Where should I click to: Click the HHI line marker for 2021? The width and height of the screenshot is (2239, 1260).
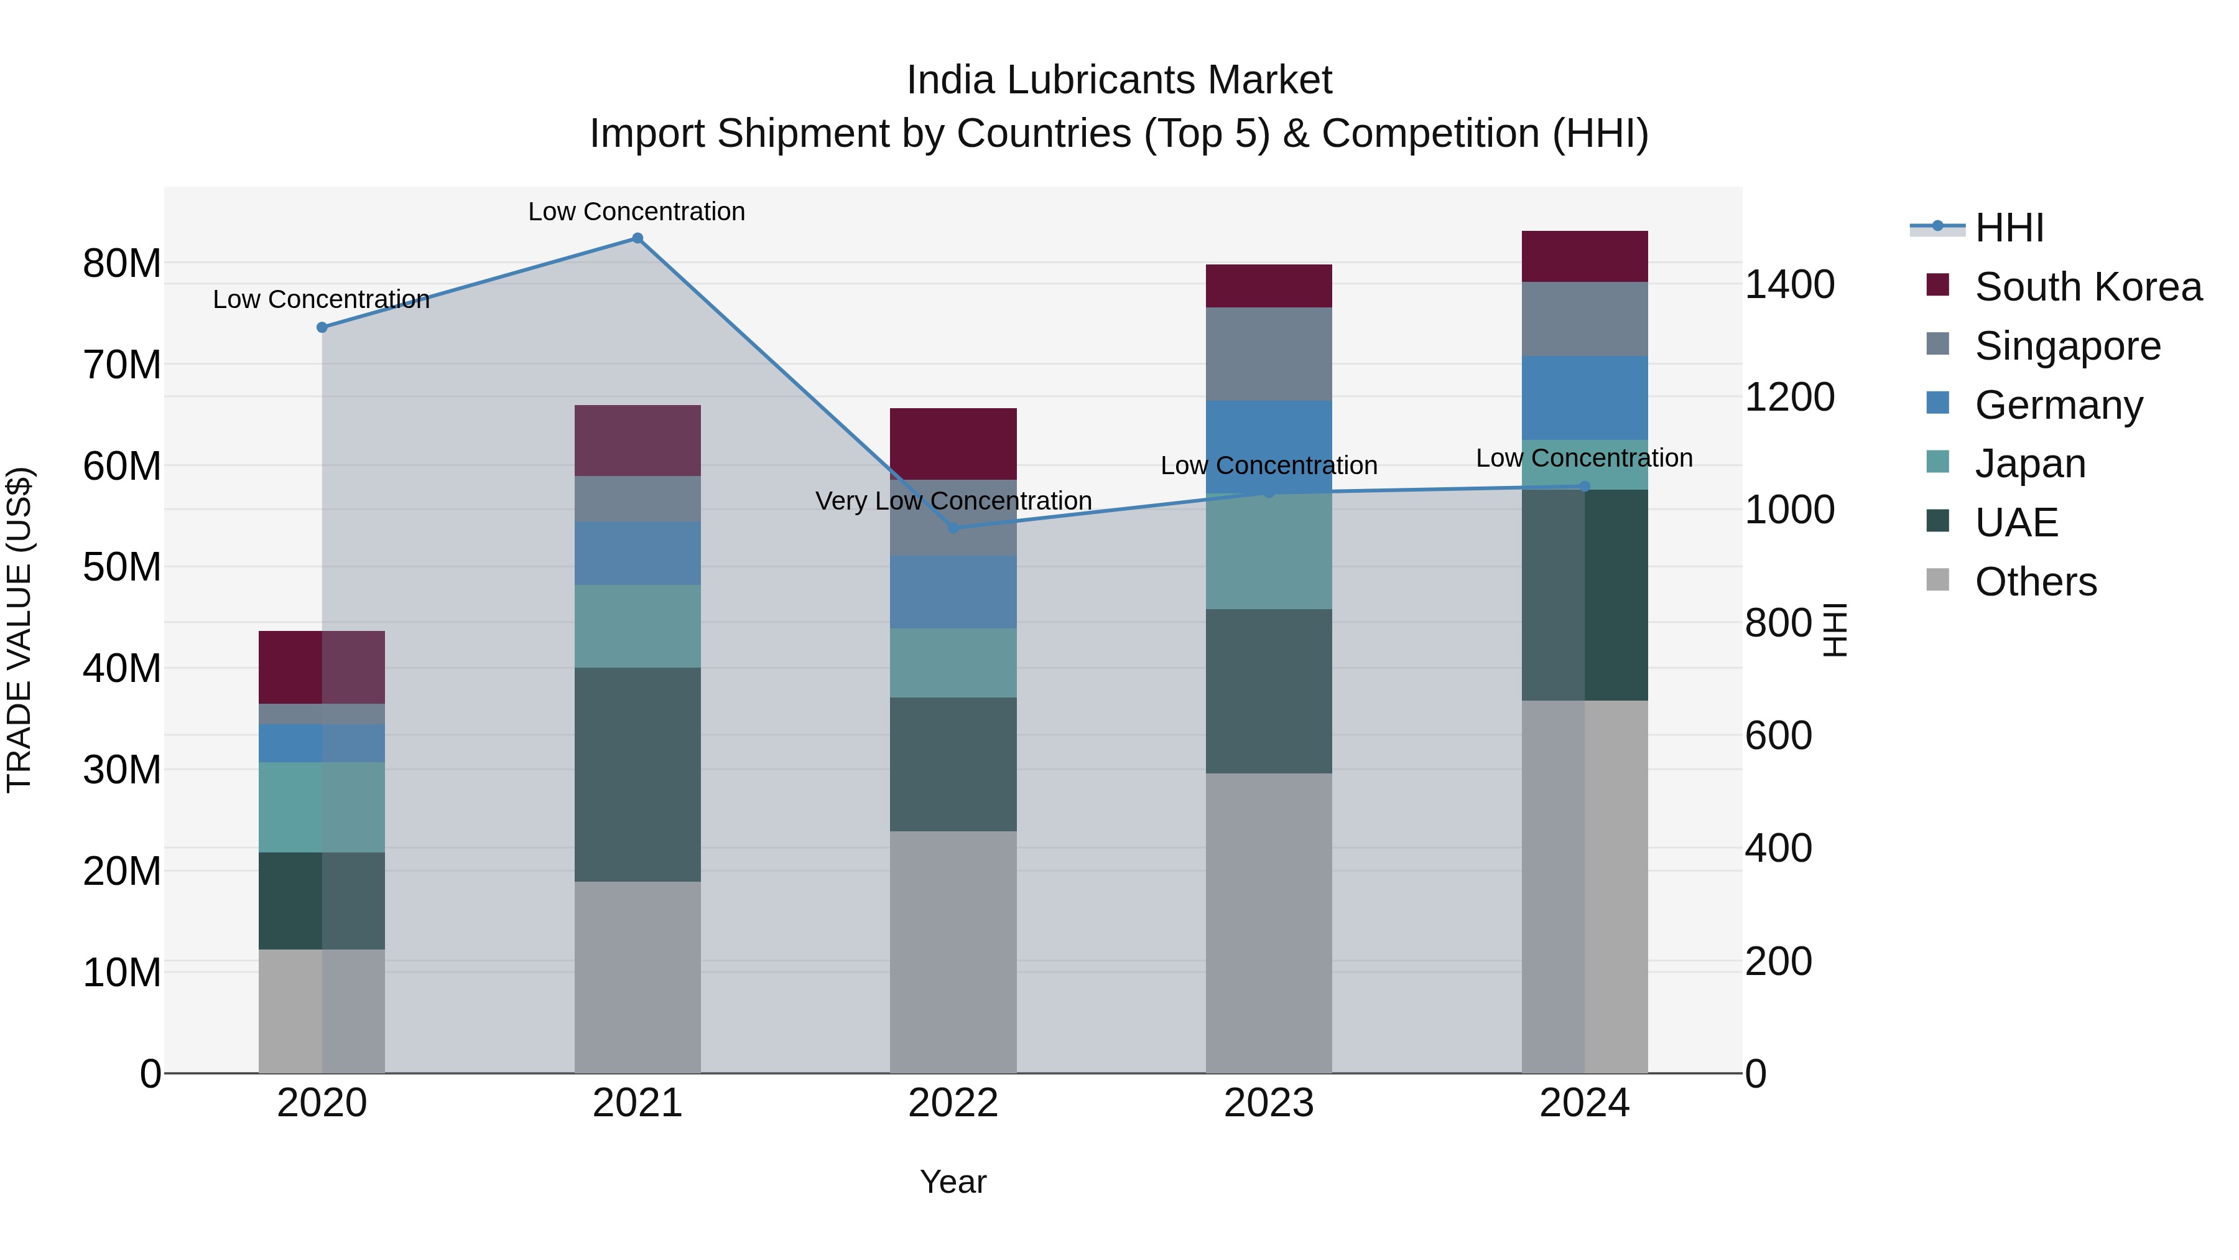point(637,238)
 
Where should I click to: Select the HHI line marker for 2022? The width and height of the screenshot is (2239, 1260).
point(953,528)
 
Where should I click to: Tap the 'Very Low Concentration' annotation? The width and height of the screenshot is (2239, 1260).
point(953,501)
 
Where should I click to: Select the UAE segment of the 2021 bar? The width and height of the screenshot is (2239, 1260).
point(637,774)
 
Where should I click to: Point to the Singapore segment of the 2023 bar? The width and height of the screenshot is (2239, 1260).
point(1268,354)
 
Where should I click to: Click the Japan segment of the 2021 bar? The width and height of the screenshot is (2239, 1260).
point(637,626)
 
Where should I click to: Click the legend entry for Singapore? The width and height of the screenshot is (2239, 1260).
point(2067,346)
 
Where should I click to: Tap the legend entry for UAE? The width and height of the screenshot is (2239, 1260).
point(2016,523)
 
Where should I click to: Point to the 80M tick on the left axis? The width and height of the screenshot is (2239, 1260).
point(122,263)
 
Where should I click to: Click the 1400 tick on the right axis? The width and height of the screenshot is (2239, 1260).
point(1789,284)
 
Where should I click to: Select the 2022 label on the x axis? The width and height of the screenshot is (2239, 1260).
point(953,1103)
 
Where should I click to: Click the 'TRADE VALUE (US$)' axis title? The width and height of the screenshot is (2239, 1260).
point(19,630)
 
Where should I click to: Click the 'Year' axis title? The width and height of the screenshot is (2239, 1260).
point(953,1182)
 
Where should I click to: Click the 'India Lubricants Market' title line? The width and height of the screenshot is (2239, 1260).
point(1119,80)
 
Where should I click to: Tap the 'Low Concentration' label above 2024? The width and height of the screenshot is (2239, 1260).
point(1583,458)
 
